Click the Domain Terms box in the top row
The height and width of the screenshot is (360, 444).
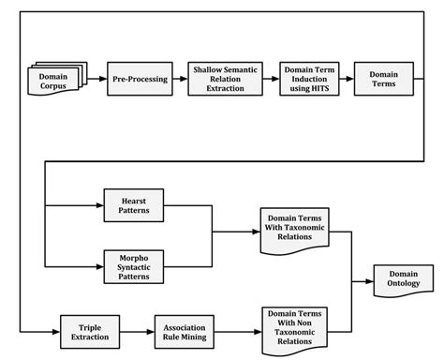point(384,79)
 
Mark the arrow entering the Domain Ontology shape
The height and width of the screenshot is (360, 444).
point(363,278)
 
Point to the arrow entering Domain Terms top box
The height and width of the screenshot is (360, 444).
point(345,80)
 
